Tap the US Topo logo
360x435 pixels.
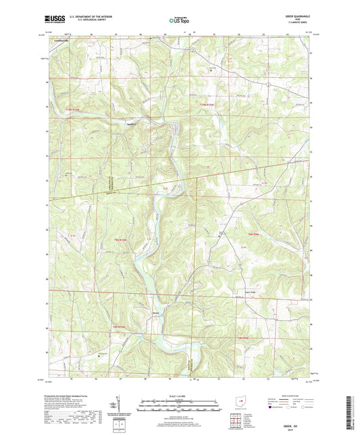pos(179,22)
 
